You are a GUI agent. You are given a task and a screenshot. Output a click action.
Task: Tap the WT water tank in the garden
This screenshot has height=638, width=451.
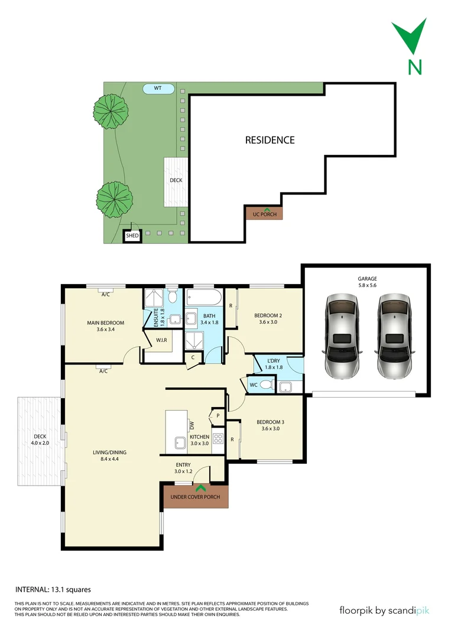tap(158, 89)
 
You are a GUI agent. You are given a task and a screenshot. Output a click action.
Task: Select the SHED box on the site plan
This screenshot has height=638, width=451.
tap(132, 236)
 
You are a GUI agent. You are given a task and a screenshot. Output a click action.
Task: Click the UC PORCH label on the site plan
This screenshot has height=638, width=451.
tap(264, 213)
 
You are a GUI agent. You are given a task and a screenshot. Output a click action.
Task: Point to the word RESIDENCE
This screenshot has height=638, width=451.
tap(270, 140)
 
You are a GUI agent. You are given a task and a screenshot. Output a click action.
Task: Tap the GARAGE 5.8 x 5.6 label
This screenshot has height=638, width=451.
tap(366, 282)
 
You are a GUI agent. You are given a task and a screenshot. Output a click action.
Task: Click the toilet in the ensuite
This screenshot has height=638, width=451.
tap(172, 295)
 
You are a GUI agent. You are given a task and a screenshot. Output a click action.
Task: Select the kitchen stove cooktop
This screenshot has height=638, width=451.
tap(218, 438)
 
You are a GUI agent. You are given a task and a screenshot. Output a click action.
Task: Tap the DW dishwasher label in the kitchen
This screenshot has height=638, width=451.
tap(192, 425)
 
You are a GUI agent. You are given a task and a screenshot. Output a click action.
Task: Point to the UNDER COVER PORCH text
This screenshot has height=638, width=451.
tap(195, 497)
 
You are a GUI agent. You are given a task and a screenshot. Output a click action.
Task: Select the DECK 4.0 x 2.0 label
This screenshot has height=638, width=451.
tap(39, 440)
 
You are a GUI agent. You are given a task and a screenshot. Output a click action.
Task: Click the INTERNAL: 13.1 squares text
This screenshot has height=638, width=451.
tap(53, 589)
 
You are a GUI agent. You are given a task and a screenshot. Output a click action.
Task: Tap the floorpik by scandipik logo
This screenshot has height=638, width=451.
tap(384, 610)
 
